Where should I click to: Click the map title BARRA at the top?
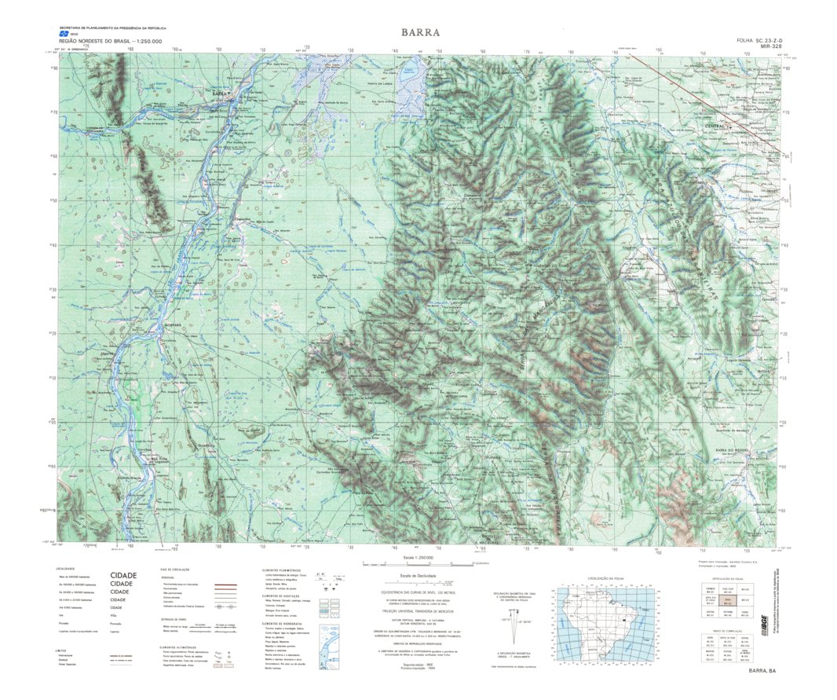tap(420, 33)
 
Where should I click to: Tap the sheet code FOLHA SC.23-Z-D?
tap(759, 40)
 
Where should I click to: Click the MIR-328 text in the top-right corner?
tap(771, 47)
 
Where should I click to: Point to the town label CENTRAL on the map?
tap(715, 126)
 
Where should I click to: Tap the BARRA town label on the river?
tap(222, 94)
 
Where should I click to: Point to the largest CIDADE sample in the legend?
tap(123, 575)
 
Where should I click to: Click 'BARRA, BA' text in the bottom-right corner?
tap(762, 671)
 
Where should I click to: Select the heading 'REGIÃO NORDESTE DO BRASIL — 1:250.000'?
tap(110, 41)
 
